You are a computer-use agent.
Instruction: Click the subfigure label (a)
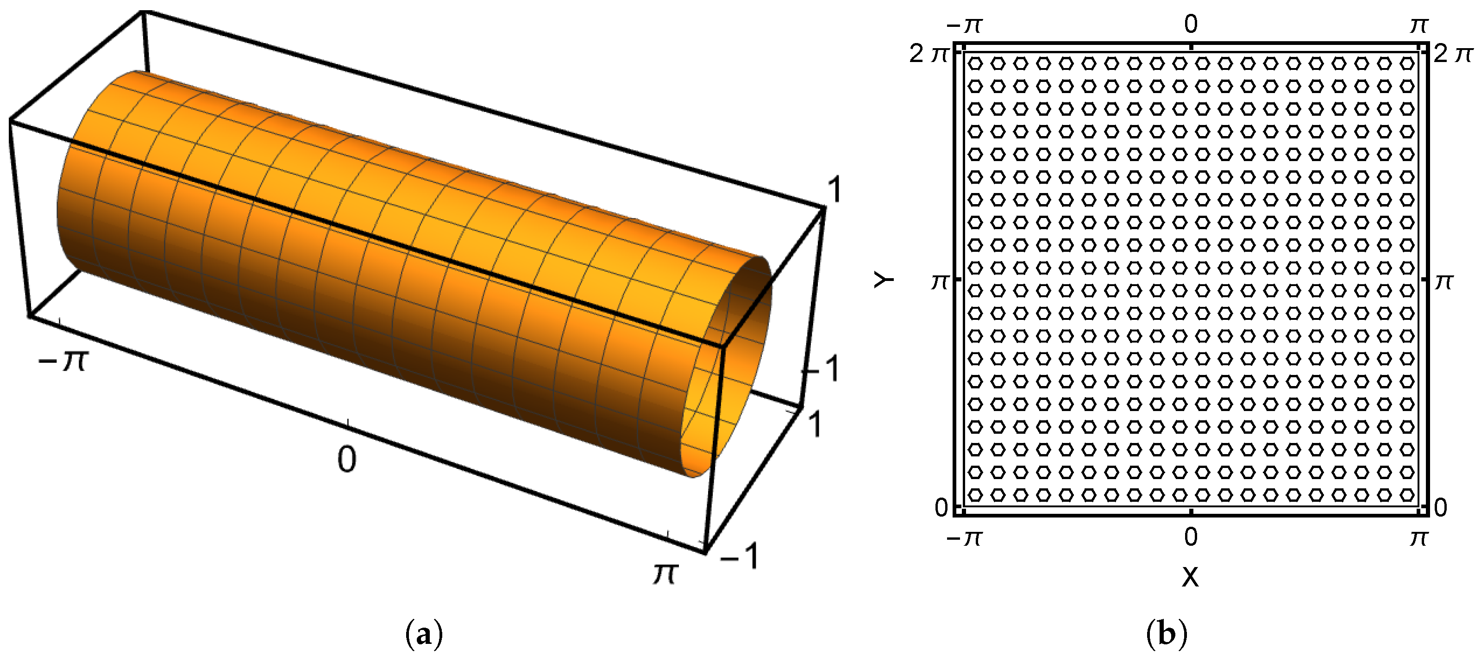point(424,635)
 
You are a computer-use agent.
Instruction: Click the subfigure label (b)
point(1167,635)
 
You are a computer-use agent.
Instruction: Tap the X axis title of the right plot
point(1190,576)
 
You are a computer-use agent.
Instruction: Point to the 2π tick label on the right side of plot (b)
point(1453,54)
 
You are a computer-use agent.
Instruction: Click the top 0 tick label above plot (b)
point(1191,24)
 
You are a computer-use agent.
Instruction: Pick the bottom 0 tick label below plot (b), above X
point(1191,537)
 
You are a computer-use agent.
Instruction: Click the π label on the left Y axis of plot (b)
point(940,281)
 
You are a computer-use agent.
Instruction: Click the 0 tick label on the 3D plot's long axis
point(347,460)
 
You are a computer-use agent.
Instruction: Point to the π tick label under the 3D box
point(665,573)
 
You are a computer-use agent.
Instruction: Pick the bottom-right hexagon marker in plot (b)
point(1407,494)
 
